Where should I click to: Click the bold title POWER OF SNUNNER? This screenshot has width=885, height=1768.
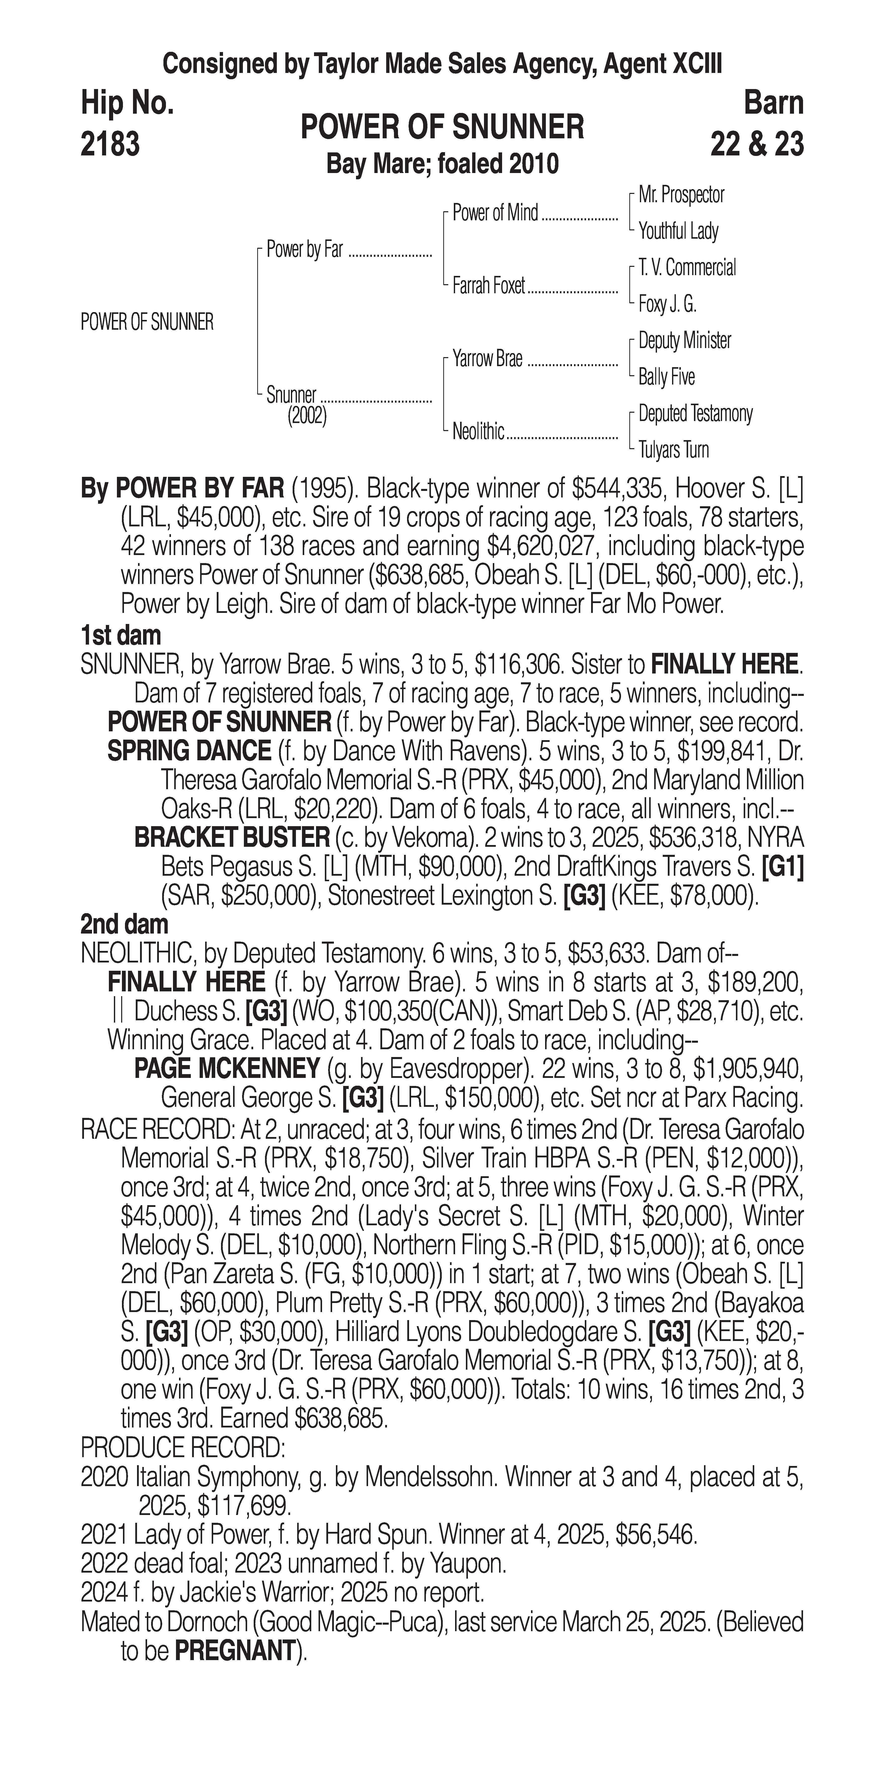point(442,127)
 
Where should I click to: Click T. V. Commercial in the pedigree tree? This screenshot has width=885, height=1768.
point(687,268)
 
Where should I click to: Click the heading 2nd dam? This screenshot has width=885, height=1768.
point(124,924)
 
